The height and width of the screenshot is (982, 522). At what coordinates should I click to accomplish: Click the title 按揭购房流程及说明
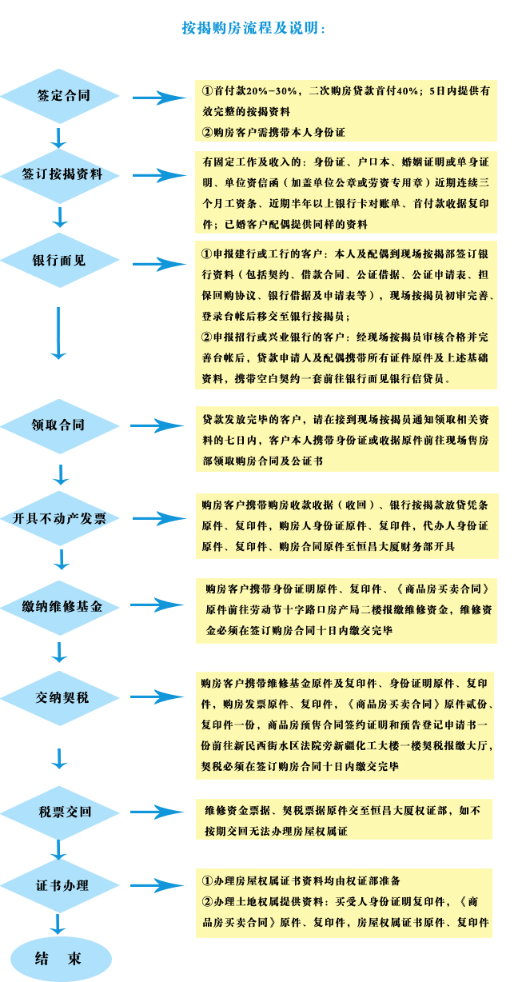[x=253, y=28]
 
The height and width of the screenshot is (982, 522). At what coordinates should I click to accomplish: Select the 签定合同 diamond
[x=60, y=96]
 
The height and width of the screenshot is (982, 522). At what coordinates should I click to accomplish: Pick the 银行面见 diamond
[x=60, y=261]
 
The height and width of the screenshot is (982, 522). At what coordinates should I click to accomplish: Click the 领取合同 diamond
[x=60, y=426]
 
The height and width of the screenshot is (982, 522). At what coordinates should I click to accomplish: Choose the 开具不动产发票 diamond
[x=60, y=519]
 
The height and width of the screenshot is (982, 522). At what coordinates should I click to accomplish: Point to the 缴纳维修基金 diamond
[x=60, y=608]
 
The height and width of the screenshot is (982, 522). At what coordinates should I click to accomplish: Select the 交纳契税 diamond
[x=60, y=698]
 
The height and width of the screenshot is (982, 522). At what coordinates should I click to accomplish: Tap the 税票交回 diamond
[x=60, y=813]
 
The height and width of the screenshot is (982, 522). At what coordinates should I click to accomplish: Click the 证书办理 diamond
[x=60, y=885]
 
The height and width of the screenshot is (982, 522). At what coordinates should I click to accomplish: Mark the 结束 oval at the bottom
[x=61, y=959]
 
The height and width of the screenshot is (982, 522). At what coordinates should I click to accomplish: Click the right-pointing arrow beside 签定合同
[x=160, y=98]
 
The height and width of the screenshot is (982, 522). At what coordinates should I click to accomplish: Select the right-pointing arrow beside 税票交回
[x=157, y=812]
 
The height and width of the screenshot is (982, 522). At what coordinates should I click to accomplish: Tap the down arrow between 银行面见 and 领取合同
[x=58, y=333]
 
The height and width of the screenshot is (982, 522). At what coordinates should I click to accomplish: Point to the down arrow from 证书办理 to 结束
[x=58, y=924]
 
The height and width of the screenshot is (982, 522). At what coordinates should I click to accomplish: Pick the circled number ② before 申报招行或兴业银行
[x=207, y=337]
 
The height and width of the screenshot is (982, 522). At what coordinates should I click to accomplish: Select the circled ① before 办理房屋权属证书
[x=207, y=880]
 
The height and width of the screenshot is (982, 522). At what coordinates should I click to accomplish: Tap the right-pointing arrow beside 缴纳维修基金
[x=157, y=605]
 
